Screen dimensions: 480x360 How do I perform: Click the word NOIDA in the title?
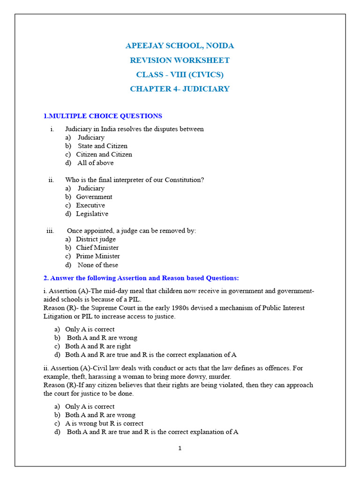coord(220,46)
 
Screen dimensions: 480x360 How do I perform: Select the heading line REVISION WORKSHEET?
coord(180,60)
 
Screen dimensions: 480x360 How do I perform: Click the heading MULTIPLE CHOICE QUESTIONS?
coord(105,116)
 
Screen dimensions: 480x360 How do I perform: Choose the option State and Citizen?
coord(102,146)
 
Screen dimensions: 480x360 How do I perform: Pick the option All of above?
coord(95,163)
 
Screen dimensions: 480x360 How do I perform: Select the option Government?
coord(94,197)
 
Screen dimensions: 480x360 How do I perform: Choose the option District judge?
coord(96,239)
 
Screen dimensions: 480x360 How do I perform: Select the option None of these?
coord(97,265)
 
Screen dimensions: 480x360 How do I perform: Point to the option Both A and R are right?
coord(97,346)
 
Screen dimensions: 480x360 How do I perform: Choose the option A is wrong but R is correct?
coord(104,423)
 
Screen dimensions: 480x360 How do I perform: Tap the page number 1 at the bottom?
coord(180,449)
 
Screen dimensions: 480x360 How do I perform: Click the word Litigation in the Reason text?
coord(59,316)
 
